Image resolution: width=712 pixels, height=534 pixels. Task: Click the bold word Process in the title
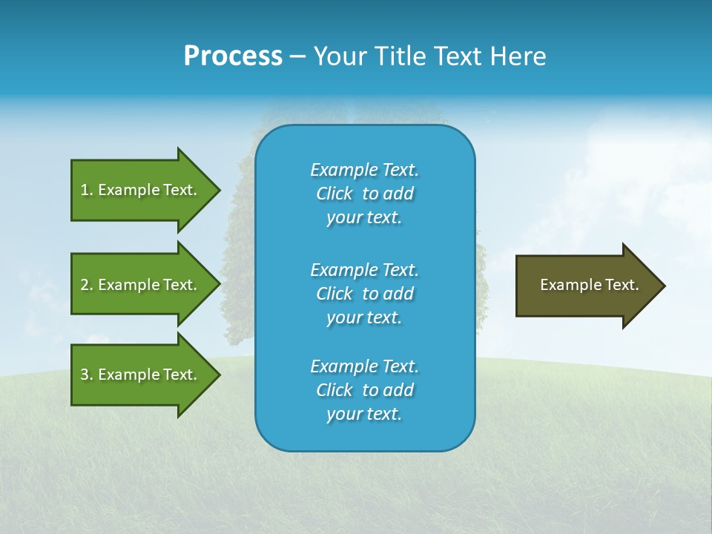[x=233, y=56]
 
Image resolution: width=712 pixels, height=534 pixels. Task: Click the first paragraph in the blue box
[x=364, y=194]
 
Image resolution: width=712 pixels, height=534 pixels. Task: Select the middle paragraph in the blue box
[x=364, y=294]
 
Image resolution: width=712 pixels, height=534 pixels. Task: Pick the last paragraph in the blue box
[x=364, y=390]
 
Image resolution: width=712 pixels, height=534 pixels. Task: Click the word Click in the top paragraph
[x=334, y=194]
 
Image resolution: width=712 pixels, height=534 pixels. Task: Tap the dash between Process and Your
[x=297, y=56]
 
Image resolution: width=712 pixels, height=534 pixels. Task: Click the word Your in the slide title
[x=338, y=56]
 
